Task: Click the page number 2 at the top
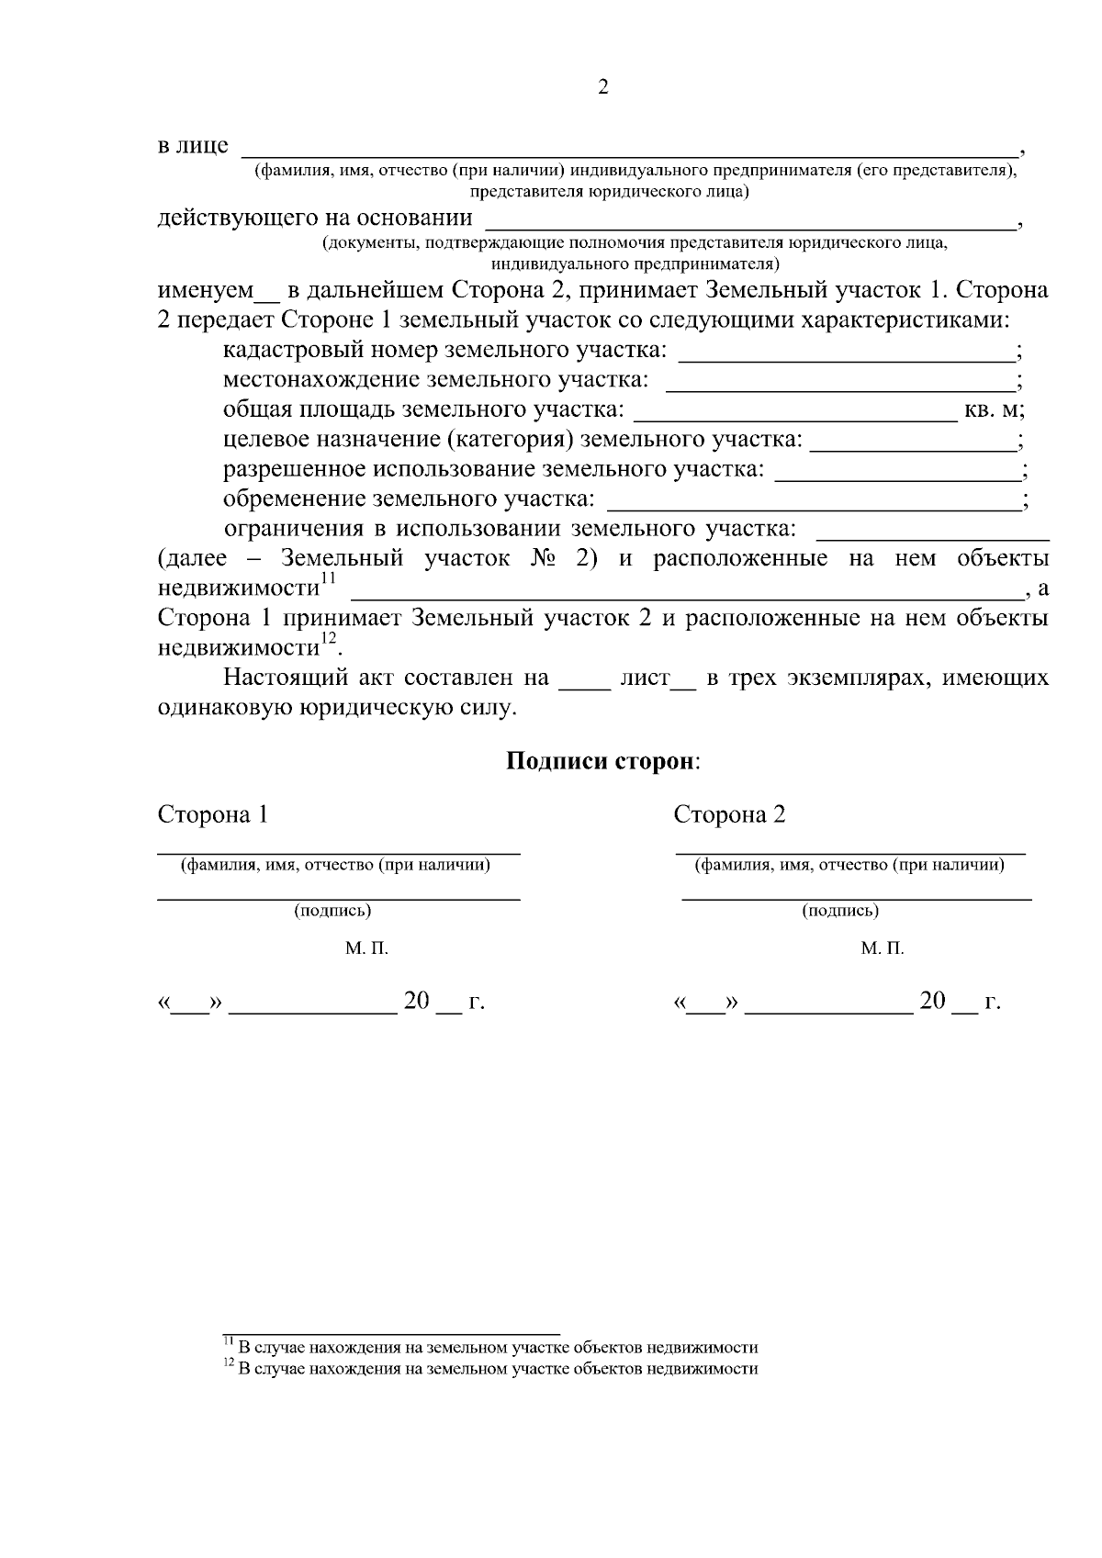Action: coord(602,88)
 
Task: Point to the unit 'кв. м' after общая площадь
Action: coord(991,410)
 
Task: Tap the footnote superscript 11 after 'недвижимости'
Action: coord(329,577)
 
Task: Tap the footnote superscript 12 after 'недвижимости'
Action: coord(329,637)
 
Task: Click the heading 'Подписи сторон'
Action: coord(602,762)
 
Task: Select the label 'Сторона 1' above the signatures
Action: coord(213,815)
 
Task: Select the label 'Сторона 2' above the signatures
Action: coord(730,815)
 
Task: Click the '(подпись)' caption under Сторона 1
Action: coord(332,911)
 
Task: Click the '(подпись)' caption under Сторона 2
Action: coord(840,911)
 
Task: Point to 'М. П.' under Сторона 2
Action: coord(883,948)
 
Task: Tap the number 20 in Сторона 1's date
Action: coord(416,1001)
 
